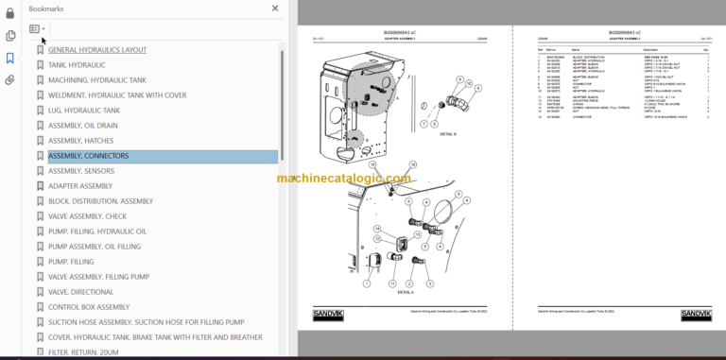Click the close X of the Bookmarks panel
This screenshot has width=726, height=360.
[275, 8]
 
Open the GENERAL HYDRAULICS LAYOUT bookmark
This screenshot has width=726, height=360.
[96, 50]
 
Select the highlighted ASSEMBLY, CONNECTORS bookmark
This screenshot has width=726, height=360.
[88, 156]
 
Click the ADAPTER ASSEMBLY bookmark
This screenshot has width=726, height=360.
[79, 186]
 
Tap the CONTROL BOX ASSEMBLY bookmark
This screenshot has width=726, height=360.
[88, 307]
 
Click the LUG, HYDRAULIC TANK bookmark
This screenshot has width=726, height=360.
[84, 111]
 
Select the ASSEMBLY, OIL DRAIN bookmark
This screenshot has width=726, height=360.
[83, 126]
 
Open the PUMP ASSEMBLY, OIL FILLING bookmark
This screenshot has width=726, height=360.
[94, 247]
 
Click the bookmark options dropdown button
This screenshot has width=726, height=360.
[37, 29]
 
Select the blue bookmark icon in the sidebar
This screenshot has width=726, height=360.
[10, 58]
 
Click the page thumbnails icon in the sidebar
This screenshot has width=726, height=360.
[10, 36]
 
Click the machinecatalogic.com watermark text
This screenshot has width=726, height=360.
[344, 179]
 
